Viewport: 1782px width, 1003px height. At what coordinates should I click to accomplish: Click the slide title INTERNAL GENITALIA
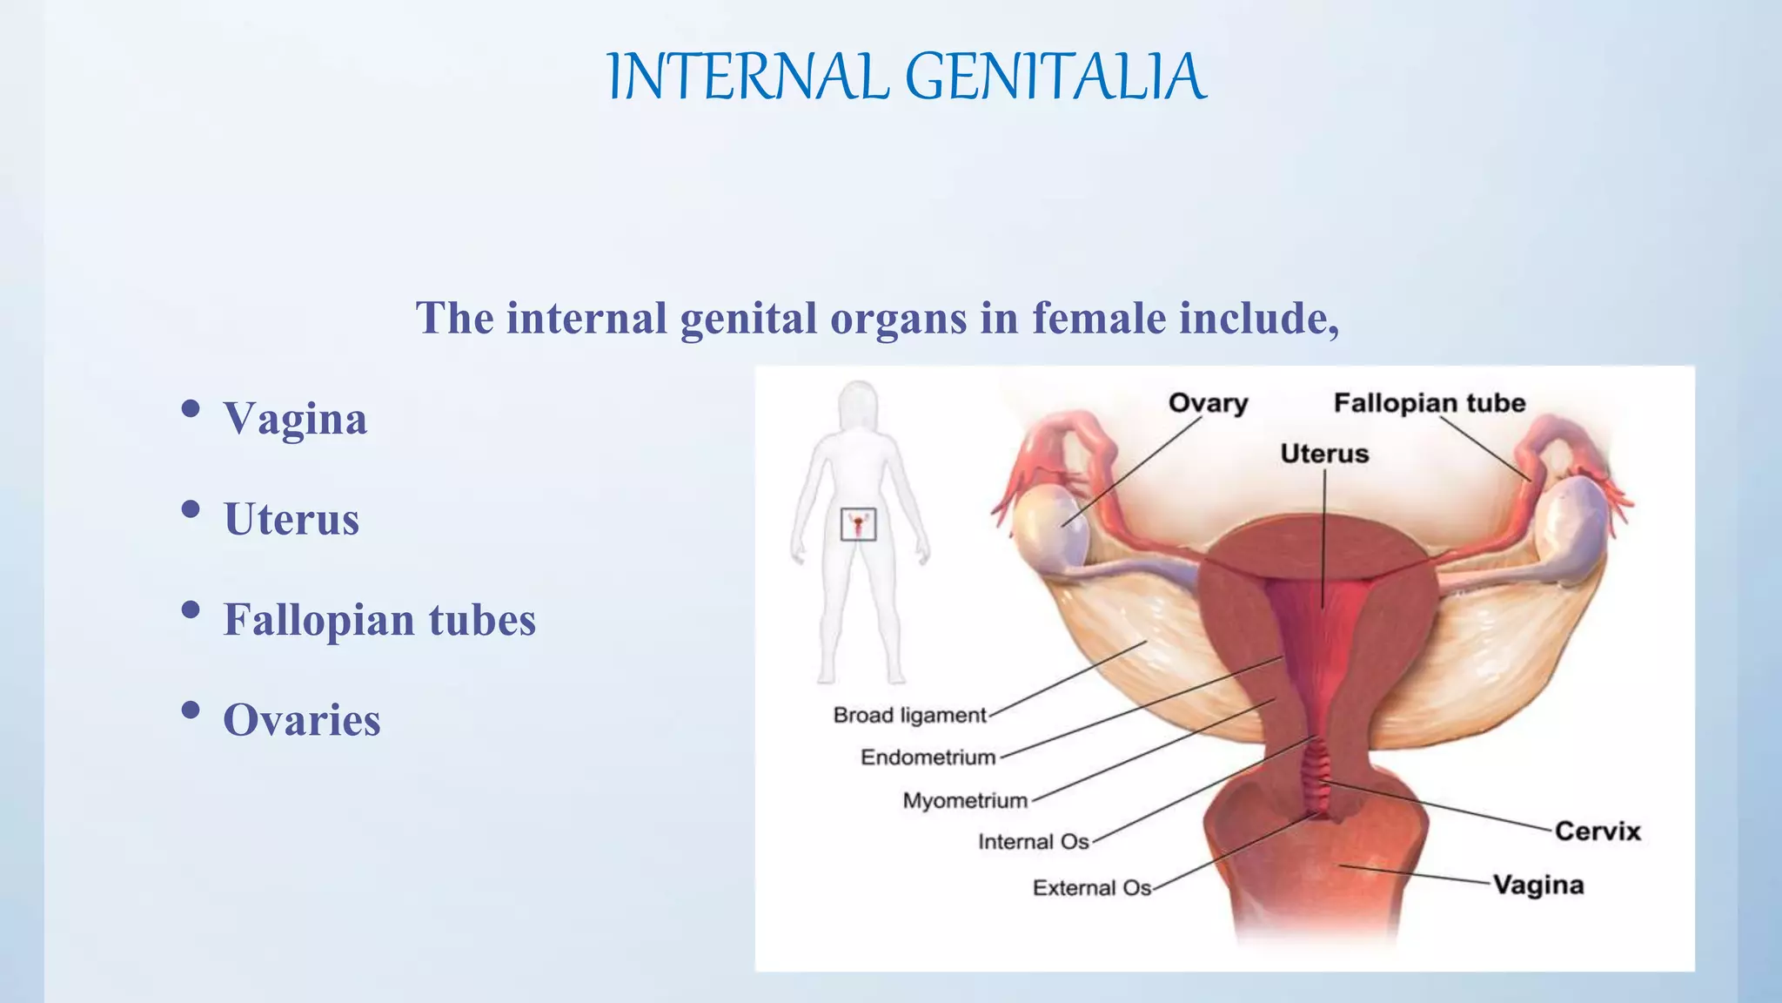(x=906, y=77)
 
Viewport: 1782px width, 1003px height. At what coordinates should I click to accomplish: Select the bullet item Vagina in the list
(x=295, y=419)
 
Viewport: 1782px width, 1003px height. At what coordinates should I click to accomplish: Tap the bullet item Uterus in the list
(x=291, y=520)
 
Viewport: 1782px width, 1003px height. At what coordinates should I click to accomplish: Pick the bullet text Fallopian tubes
(x=379, y=620)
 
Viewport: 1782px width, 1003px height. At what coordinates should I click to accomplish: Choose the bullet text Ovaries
(x=301, y=721)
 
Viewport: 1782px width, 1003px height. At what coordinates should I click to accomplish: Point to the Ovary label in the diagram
(x=1208, y=403)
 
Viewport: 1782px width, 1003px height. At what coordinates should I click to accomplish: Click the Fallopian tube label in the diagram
(x=1430, y=403)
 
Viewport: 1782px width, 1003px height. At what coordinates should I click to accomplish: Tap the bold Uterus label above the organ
(x=1324, y=454)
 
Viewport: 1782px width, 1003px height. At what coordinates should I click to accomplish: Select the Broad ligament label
(x=909, y=716)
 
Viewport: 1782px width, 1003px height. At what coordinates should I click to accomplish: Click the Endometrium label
(x=928, y=757)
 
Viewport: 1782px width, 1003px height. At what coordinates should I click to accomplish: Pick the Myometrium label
(x=965, y=800)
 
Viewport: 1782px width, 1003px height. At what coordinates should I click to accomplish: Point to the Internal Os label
(x=1033, y=842)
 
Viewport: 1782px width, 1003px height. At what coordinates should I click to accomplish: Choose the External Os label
(x=1091, y=888)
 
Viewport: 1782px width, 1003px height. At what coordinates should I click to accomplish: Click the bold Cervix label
(x=1598, y=831)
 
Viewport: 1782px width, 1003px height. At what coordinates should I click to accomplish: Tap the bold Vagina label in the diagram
(x=1538, y=885)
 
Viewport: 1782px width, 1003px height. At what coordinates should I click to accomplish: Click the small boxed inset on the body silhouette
(x=858, y=525)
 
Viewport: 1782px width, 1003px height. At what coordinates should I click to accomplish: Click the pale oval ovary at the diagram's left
(x=1051, y=529)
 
